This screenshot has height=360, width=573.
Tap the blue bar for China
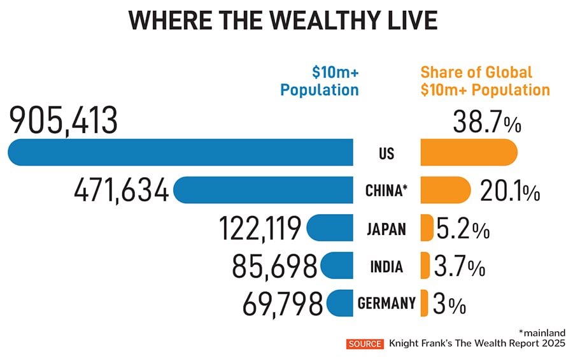click(263, 191)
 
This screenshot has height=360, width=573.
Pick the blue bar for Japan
click(330, 227)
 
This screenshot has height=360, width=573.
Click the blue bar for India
click(337, 265)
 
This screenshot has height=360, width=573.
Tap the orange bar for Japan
click(427, 227)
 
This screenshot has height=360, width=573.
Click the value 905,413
click(64, 120)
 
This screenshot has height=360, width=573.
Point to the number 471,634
click(122, 191)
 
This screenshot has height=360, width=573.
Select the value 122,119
click(260, 229)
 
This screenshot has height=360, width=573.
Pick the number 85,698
click(276, 266)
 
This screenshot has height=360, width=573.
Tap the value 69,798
click(282, 304)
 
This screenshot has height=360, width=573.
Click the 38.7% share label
click(487, 121)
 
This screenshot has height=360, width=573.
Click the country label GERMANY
click(387, 303)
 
